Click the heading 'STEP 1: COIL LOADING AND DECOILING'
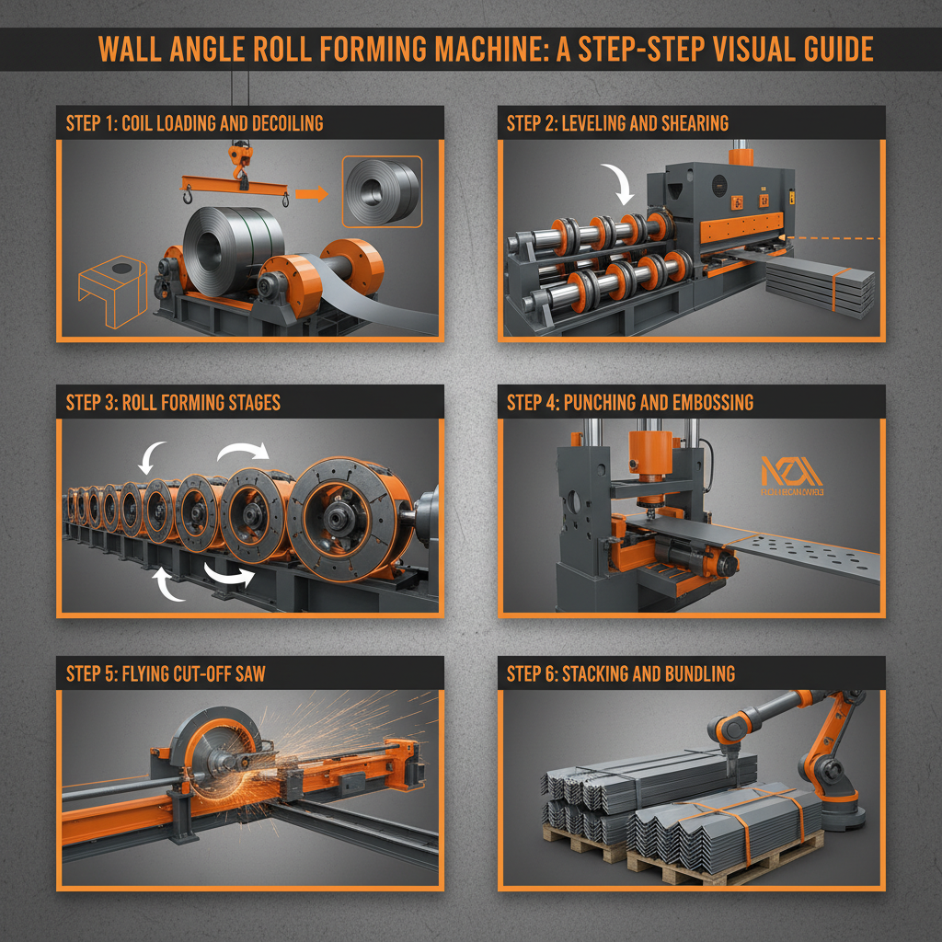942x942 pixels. (194, 123)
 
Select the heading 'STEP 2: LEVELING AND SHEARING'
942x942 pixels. (617, 123)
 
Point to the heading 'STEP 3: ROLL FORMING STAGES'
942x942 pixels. (173, 403)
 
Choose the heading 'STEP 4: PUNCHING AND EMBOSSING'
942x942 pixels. (630, 403)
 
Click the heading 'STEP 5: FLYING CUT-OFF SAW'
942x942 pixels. (166, 673)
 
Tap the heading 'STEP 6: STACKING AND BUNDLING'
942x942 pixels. (621, 673)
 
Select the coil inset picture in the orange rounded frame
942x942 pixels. (382, 190)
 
